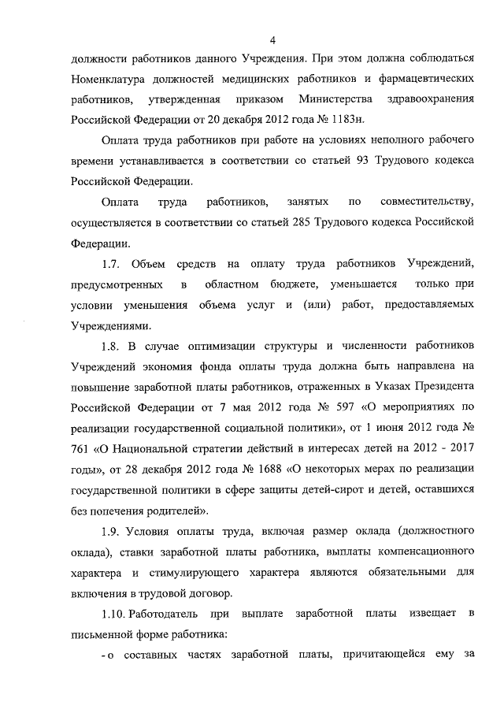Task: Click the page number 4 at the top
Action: pos(272,40)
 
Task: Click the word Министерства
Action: pos(334,100)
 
